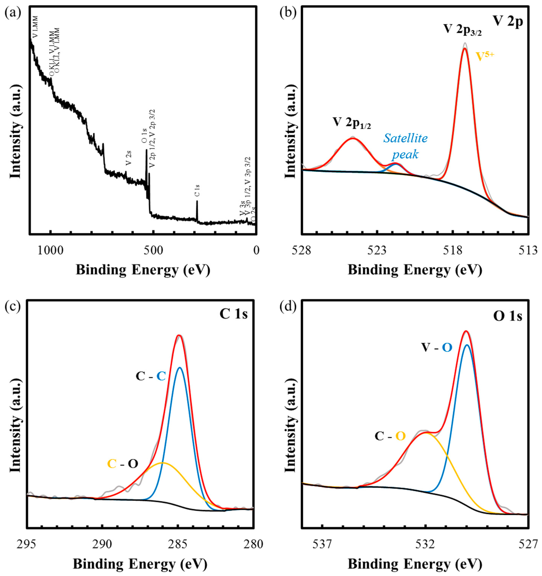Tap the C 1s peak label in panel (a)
tap(197, 191)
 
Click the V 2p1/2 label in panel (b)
tap(351, 123)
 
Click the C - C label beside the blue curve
tap(151, 376)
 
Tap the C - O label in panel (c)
tap(122, 464)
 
